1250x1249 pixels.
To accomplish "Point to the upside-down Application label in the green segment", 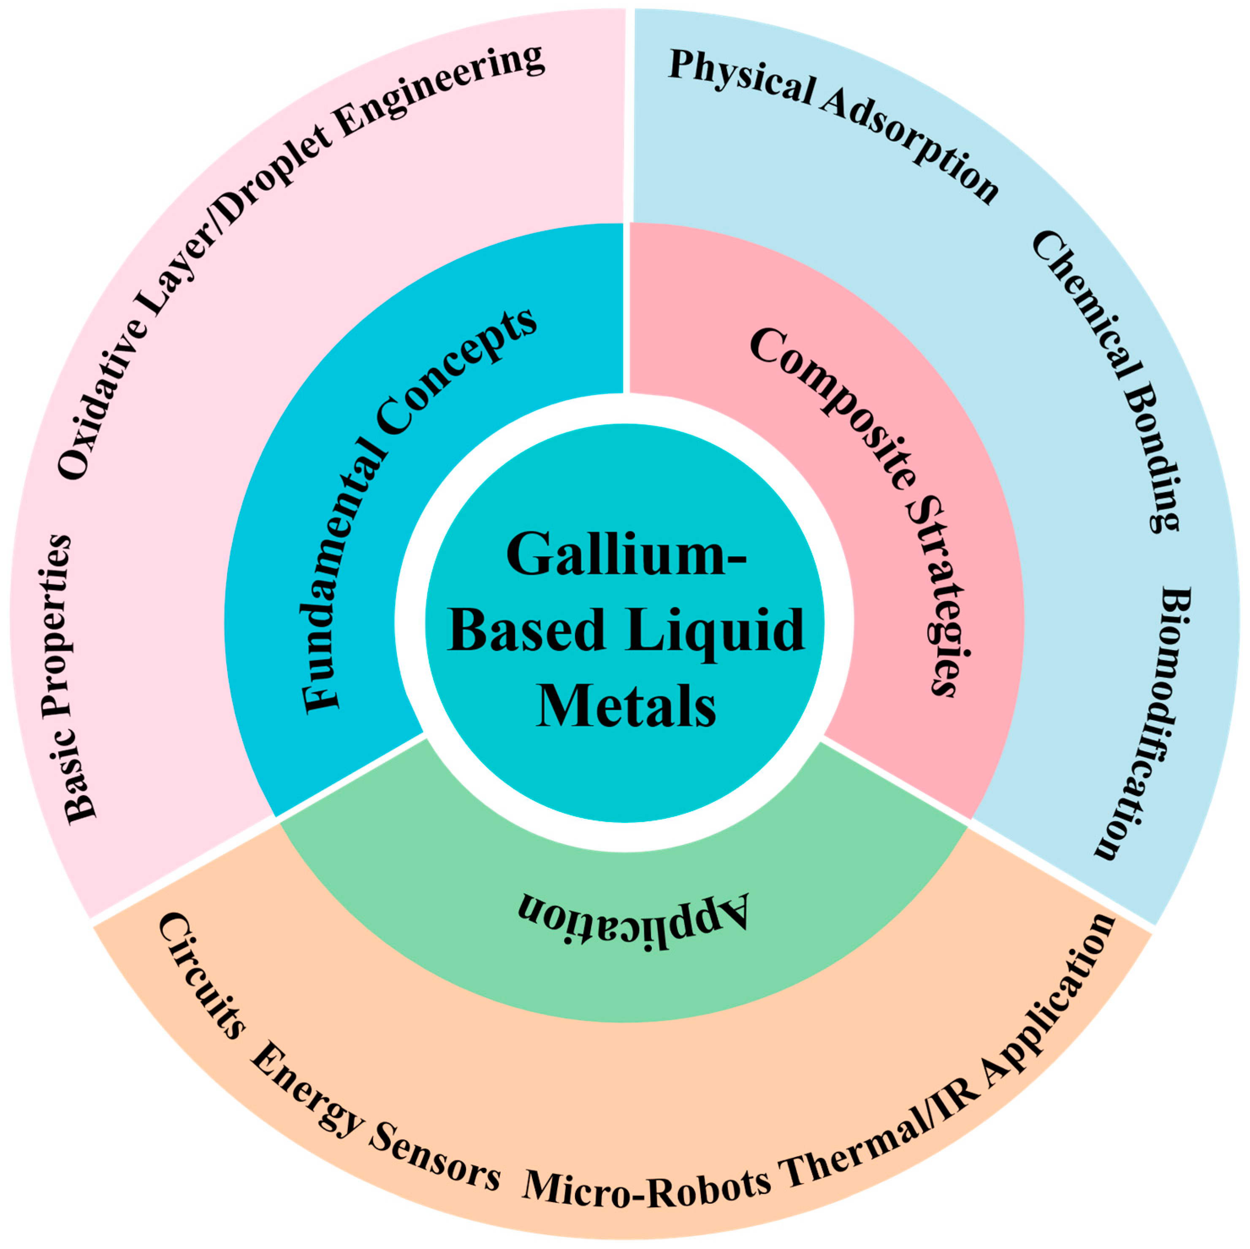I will [x=633, y=921].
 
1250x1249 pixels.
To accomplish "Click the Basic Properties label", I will [x=68, y=679].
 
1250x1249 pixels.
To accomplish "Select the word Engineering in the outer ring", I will [x=440, y=91].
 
